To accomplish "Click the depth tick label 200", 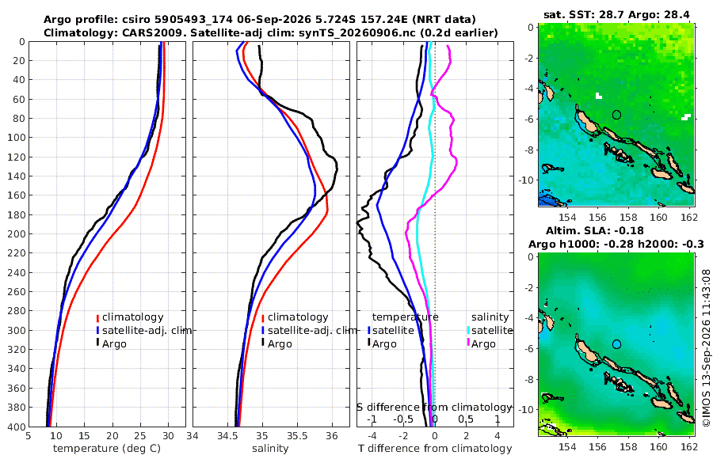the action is [x=16, y=233].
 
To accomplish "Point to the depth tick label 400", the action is [x=16, y=427].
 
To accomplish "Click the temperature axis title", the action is [x=107, y=449].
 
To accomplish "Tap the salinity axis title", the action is [x=270, y=449].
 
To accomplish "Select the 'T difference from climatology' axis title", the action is [x=435, y=449].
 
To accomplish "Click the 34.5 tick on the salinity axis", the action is [x=227, y=435].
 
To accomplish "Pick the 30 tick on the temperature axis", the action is [x=168, y=435].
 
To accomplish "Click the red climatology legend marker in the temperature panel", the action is [x=97, y=318].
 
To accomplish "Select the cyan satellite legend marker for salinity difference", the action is [x=468, y=330].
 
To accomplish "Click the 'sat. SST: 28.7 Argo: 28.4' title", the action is [x=616, y=14].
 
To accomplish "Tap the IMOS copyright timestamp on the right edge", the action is [x=706, y=349].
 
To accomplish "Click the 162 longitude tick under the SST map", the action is [x=689, y=218].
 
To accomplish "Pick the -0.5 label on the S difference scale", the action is [x=403, y=419].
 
